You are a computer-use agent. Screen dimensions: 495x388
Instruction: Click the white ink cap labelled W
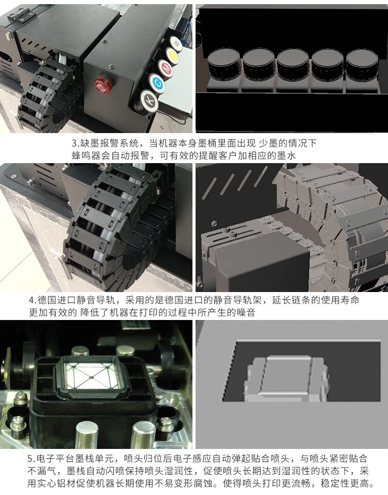click(x=176, y=41)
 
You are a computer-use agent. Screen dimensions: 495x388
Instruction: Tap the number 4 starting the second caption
click(x=32, y=301)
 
